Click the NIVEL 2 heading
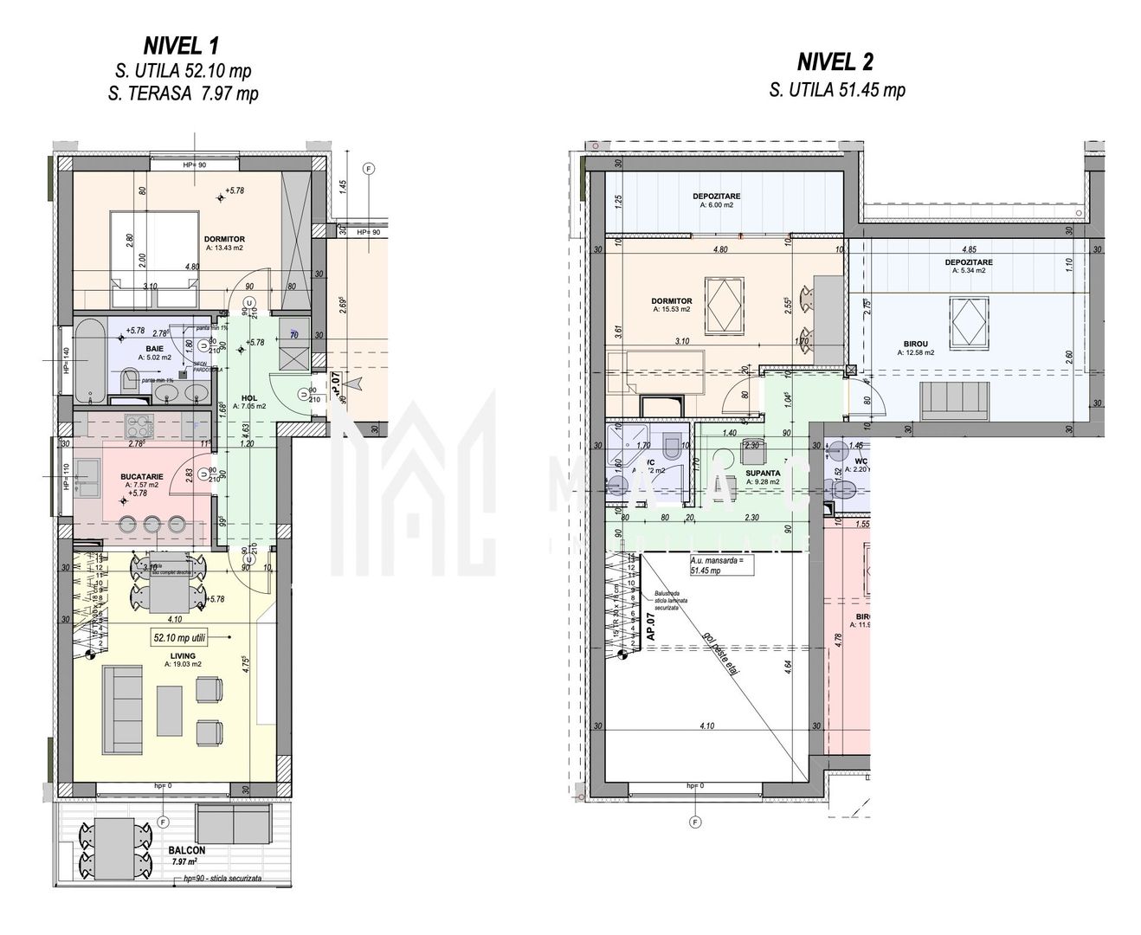coord(835,61)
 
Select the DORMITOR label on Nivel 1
coord(224,239)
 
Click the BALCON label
coord(188,850)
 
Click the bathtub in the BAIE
coord(87,359)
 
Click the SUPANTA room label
coord(762,474)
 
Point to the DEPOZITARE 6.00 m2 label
coord(716,197)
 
